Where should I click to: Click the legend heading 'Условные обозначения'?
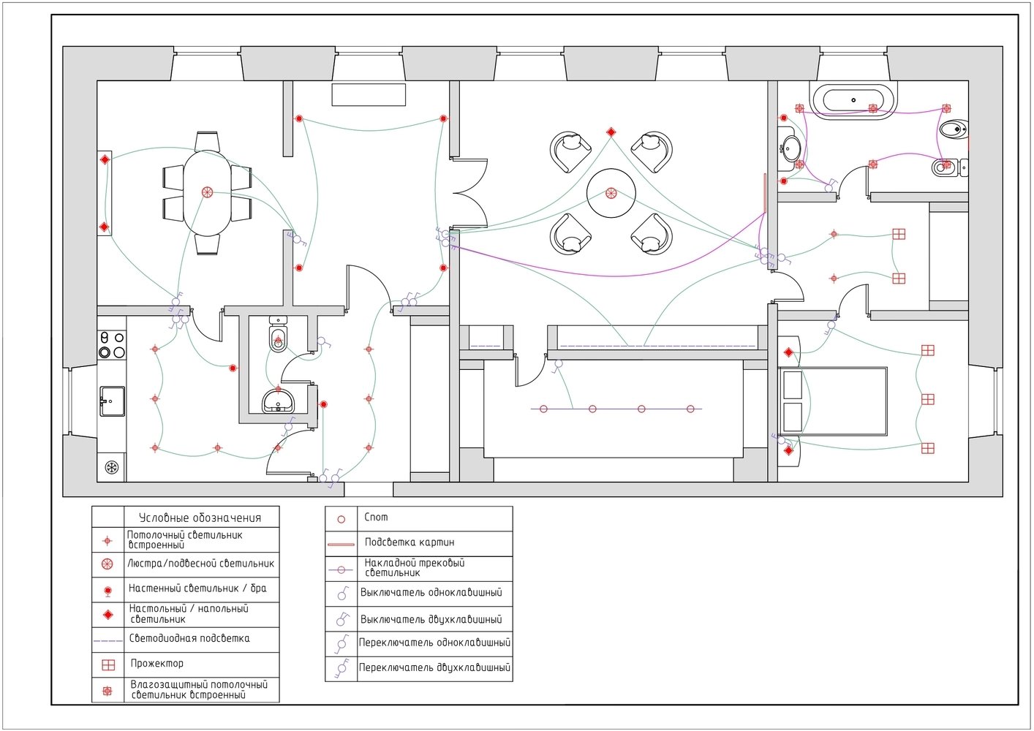tap(200, 518)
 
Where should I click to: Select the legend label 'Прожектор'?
tap(157, 663)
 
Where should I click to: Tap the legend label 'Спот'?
tap(376, 518)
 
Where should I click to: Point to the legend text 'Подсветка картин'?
tap(410, 542)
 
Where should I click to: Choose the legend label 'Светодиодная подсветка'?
tap(189, 638)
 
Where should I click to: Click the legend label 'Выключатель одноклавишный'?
tap(431, 593)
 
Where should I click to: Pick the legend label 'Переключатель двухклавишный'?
tap(434, 668)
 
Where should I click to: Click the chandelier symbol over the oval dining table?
tap(207, 192)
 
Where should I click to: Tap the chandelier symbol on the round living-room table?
tap(611, 194)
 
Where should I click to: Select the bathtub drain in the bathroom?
tap(853, 100)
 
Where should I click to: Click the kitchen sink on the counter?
tap(112, 401)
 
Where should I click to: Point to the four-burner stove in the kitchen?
tap(112, 345)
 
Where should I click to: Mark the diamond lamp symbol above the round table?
tap(611, 132)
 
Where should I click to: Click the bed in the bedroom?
tap(833, 401)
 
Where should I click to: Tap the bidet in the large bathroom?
tap(954, 130)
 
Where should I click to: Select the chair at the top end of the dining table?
tap(207, 142)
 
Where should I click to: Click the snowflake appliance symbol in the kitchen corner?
tap(112, 468)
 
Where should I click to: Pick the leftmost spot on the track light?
tap(544, 409)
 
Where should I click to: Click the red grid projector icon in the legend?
tap(108, 664)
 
